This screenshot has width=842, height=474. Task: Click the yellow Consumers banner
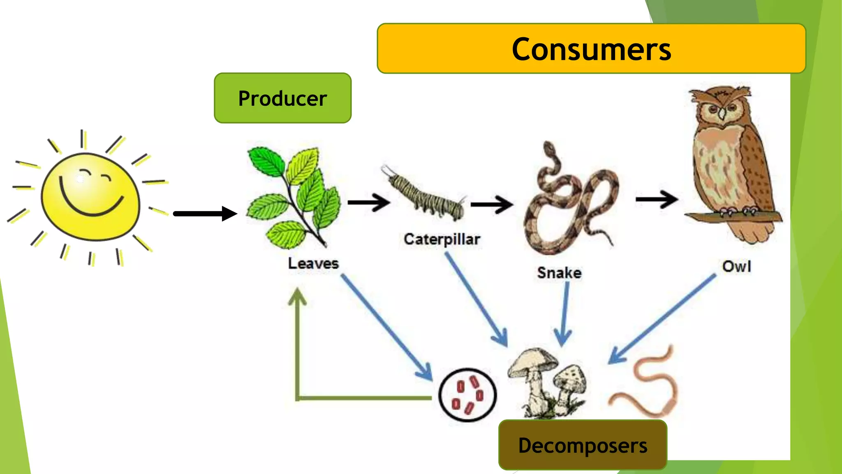[591, 49]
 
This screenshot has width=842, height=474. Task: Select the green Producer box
[282, 98]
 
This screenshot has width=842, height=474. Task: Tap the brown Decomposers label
[583, 445]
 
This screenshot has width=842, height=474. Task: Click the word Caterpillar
[442, 239]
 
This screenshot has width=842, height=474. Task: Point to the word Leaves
[313, 263]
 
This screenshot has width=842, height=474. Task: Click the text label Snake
[559, 273]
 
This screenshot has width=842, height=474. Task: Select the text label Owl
[736, 266]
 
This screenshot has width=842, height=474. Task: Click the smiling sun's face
[90, 197]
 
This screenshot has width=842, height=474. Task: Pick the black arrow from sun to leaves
[205, 214]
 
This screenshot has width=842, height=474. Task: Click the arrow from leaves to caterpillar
[368, 202]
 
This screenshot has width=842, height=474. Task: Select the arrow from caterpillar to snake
[491, 204]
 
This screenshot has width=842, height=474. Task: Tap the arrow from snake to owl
[656, 200]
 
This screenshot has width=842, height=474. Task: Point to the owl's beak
[722, 115]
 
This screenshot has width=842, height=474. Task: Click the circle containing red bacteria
[467, 395]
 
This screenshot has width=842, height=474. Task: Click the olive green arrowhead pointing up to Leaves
[297, 297]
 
